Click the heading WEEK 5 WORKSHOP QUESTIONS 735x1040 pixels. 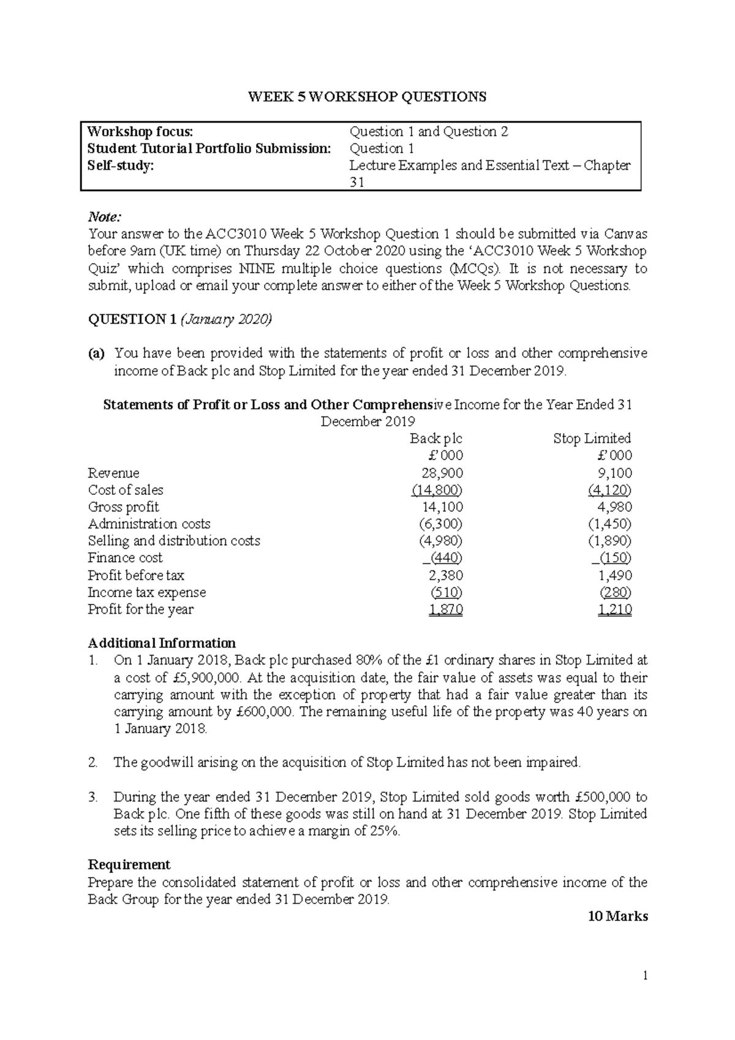point(367,97)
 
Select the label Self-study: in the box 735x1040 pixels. point(120,165)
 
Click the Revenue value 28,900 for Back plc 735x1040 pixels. point(442,473)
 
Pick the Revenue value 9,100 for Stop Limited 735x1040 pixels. point(614,473)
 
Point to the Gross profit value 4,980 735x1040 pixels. point(614,507)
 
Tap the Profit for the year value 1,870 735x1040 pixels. point(446,609)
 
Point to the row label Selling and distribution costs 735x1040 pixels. point(174,541)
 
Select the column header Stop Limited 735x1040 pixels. point(592,439)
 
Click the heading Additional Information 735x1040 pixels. point(162,643)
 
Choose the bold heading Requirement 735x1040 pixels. point(129,865)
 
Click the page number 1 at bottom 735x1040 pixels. point(645,976)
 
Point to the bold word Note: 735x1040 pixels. point(105,217)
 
